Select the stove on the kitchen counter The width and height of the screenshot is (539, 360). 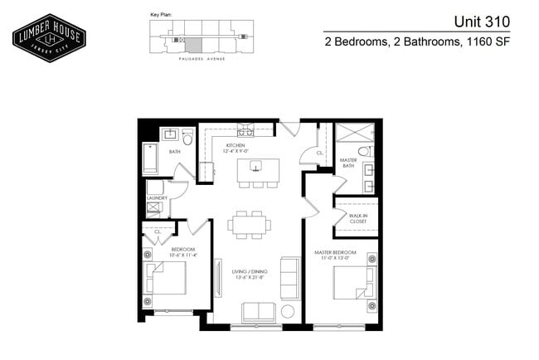point(245,133)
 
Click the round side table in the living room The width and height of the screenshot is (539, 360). point(288,312)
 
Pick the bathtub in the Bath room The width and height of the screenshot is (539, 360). point(150,159)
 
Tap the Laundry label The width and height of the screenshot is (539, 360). point(158,198)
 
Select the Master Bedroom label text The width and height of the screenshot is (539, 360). point(334,252)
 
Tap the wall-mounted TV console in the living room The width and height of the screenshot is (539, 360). point(218,279)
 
